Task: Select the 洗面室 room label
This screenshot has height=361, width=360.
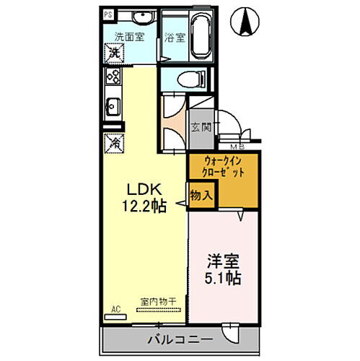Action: pos(129,37)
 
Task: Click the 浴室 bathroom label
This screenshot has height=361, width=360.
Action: pos(174,38)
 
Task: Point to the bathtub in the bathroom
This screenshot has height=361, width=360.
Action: pos(195,33)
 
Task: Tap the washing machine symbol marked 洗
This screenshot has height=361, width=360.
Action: pos(114,53)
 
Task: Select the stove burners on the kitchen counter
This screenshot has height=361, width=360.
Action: pos(113,76)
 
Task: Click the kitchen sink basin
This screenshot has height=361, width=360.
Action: pos(113,108)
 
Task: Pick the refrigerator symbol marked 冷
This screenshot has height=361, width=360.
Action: pos(113,142)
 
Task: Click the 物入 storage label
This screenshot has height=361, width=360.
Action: pos(201,193)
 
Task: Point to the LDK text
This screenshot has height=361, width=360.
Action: pos(144,189)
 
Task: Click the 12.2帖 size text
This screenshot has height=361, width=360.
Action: pos(144,206)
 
